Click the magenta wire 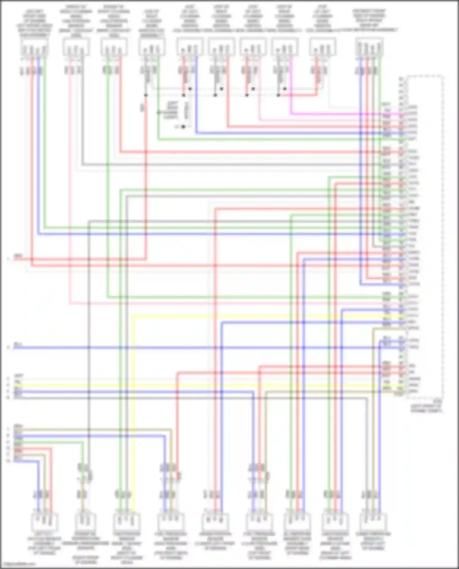(337, 114)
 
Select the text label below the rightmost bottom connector (373, 541)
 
